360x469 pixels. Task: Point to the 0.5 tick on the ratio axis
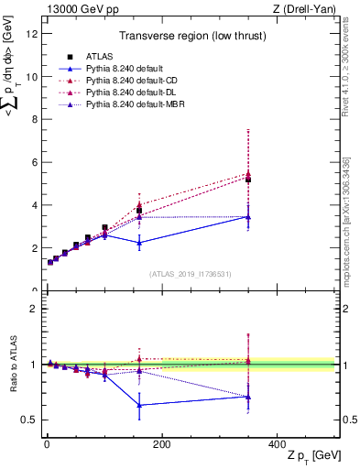coord(27,420)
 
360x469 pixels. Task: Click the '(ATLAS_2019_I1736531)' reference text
coord(190,274)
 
